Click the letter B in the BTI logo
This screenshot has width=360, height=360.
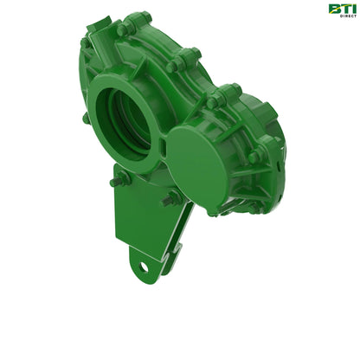(x=333, y=10)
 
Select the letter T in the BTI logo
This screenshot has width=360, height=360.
(x=342, y=10)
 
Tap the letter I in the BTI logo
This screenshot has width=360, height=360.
(x=350, y=10)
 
